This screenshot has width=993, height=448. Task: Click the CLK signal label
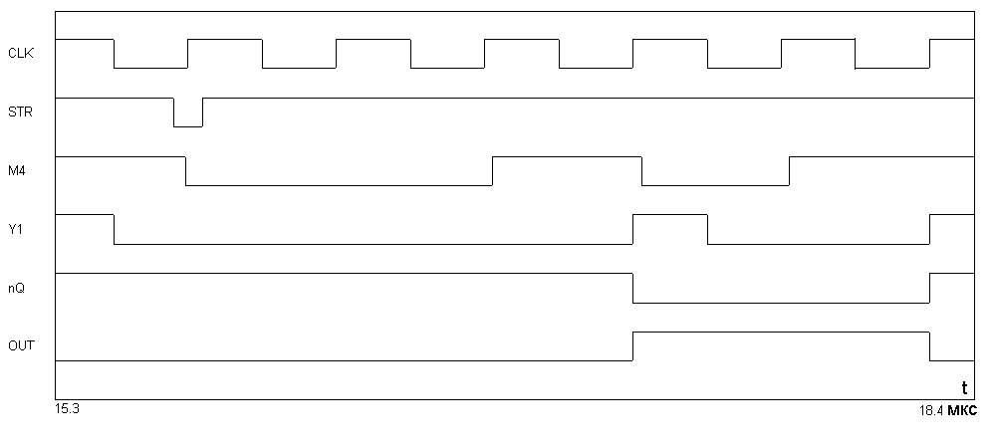(x=20, y=54)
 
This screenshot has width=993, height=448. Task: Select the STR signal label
(x=20, y=112)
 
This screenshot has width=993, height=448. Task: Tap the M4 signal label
(x=17, y=171)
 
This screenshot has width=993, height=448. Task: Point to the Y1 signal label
(x=15, y=230)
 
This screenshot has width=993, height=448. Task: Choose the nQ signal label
(x=17, y=289)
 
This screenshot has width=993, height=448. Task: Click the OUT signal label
(x=22, y=346)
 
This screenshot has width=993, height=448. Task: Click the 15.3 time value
(x=68, y=409)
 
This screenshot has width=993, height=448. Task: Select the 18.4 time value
(x=931, y=410)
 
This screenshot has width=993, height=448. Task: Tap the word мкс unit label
(x=962, y=411)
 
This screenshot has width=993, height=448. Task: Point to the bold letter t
(x=964, y=388)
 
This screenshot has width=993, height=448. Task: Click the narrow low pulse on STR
(x=188, y=126)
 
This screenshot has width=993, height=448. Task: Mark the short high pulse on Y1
(x=670, y=215)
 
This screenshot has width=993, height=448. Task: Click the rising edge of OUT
(x=632, y=346)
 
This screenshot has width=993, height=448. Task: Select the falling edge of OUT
(x=929, y=346)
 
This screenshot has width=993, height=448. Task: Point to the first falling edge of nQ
(x=633, y=288)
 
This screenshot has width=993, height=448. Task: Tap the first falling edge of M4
(x=185, y=171)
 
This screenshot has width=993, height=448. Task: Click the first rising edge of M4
(x=493, y=171)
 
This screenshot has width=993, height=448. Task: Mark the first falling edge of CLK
(x=114, y=54)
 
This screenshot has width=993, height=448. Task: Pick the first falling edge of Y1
(x=114, y=230)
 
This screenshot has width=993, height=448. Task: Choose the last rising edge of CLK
(x=929, y=54)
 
